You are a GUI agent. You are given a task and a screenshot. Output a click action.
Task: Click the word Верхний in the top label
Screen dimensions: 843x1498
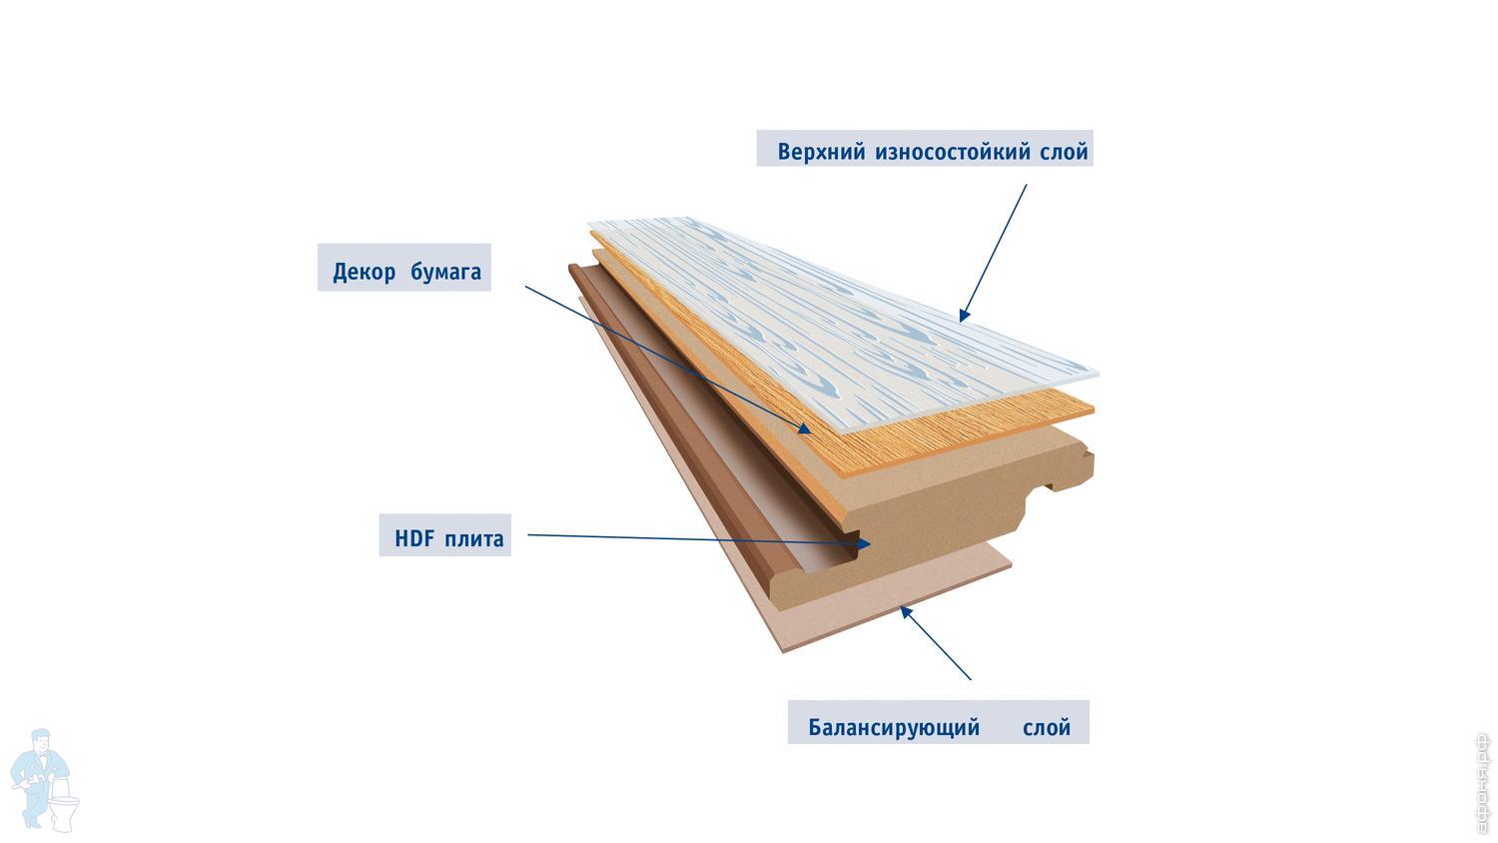tap(821, 153)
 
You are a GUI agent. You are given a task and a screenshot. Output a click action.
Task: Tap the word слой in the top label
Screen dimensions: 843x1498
tap(1064, 153)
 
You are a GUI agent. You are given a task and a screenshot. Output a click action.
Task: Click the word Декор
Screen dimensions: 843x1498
tap(365, 272)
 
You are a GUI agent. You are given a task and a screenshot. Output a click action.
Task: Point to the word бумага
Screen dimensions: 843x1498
tap(445, 272)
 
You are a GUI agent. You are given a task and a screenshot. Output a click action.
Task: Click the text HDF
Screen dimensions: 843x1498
tap(414, 539)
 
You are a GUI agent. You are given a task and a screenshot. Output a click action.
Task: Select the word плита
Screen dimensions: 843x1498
tap(474, 539)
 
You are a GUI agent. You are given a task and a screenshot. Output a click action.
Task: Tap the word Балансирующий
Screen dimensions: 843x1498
tap(894, 727)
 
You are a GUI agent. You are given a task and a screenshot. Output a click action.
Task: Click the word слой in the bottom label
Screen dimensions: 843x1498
tap(1047, 727)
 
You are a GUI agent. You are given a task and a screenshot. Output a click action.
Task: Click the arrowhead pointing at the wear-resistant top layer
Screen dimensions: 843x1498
tap(964, 315)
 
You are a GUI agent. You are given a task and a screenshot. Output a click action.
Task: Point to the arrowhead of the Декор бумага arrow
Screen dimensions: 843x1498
tap(804, 427)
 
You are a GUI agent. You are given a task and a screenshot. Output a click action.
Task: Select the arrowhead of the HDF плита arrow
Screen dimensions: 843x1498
tap(863, 543)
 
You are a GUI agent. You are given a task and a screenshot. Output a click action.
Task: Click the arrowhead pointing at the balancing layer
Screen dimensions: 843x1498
tap(906, 611)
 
